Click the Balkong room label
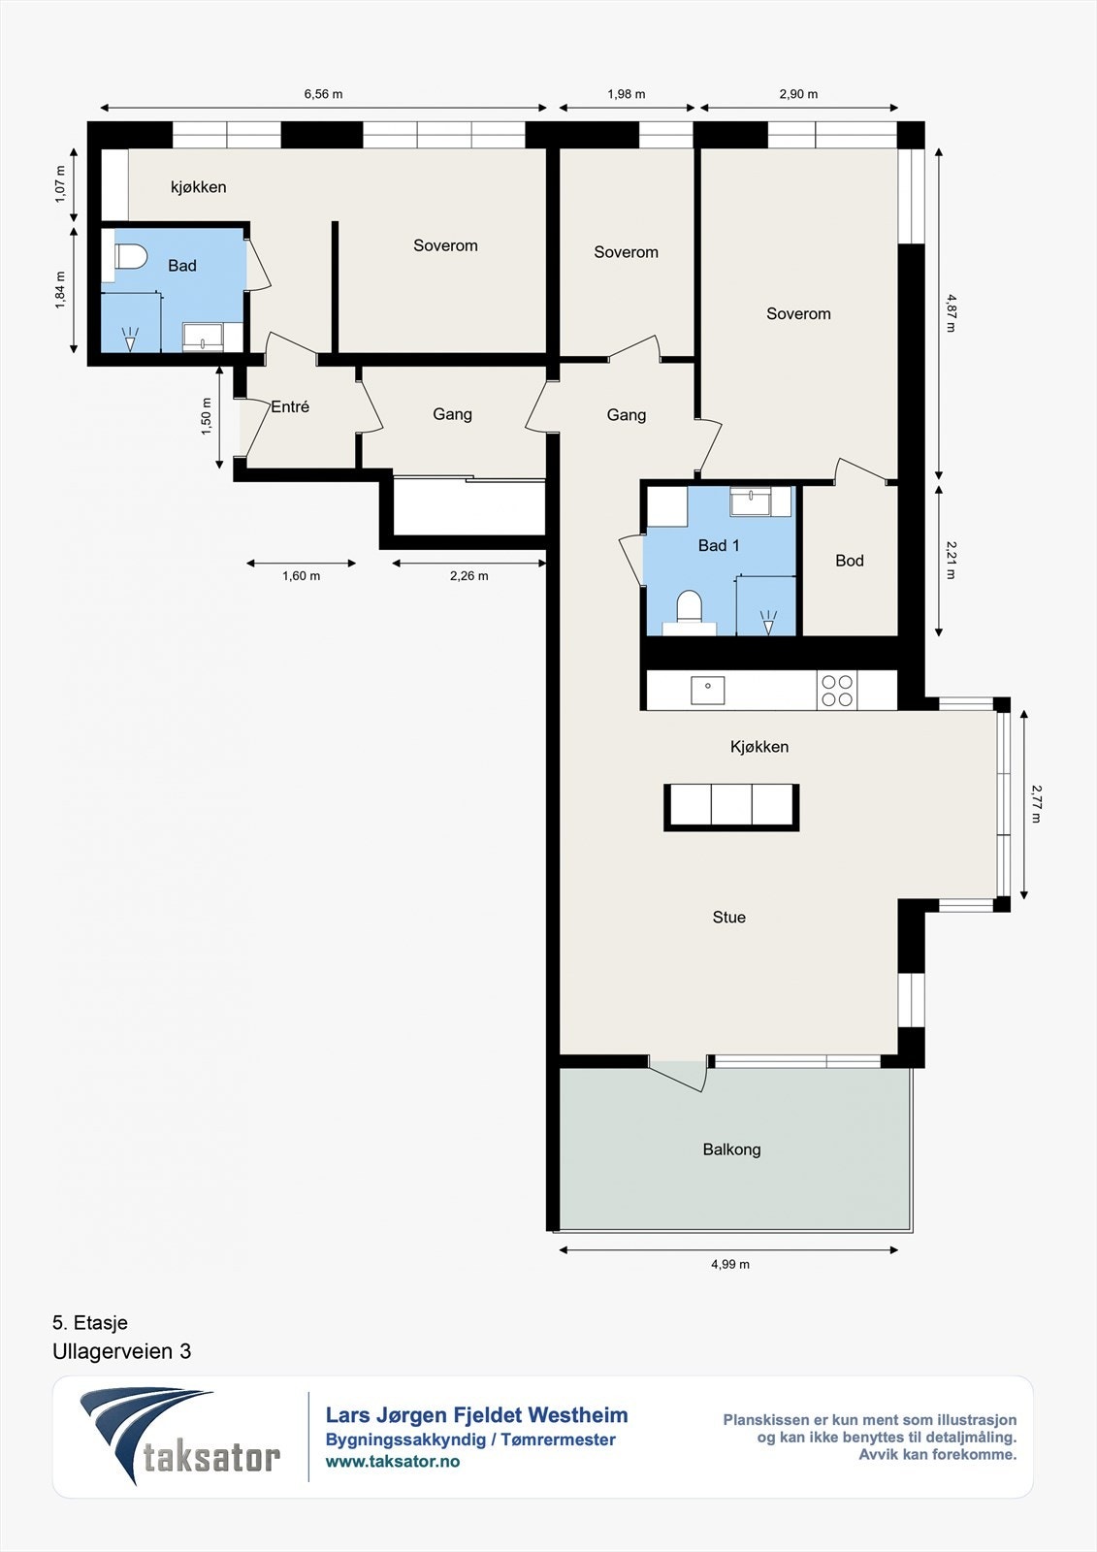(731, 1149)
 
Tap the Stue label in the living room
(729, 917)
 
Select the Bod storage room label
(850, 561)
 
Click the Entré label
(290, 406)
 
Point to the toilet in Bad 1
(689, 608)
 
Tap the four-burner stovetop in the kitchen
(836, 690)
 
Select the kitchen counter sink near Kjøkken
(707, 690)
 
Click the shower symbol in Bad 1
(768, 622)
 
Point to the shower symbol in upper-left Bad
(130, 339)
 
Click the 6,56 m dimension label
(324, 94)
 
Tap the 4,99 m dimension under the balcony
(730, 1264)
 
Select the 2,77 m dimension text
(1036, 804)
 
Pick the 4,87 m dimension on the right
(951, 313)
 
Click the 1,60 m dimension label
(302, 576)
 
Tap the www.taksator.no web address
(392, 1461)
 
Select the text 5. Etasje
(90, 1323)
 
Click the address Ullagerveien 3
(122, 1351)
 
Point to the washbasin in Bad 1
(750, 501)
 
